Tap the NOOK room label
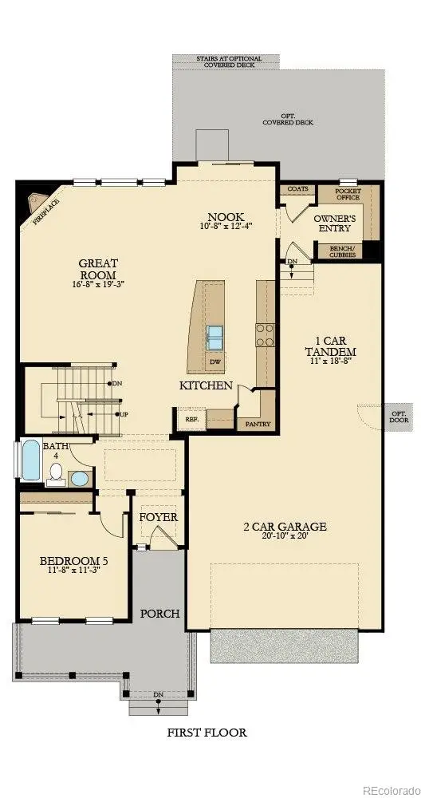point(226,217)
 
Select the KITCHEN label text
point(206,385)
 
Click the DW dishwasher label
point(214,361)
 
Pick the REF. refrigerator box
point(192,418)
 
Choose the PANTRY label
point(256,424)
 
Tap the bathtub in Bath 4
point(30,460)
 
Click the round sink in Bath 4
point(80,479)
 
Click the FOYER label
point(159,517)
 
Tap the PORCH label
point(160,614)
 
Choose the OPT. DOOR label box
point(398,417)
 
